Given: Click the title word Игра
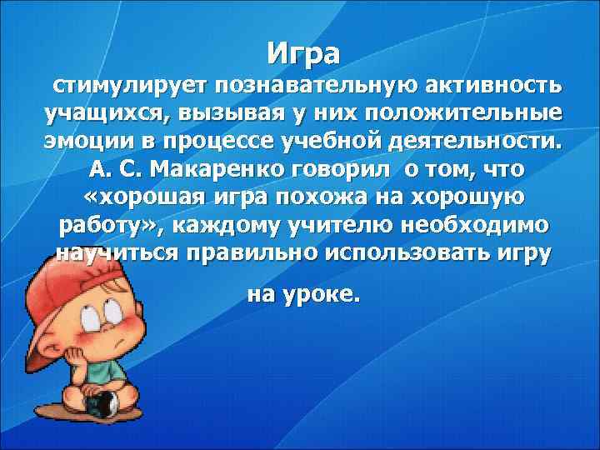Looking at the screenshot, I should coord(304,53).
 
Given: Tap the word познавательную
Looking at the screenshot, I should coord(326,86).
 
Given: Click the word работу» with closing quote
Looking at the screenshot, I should coord(107,227).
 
